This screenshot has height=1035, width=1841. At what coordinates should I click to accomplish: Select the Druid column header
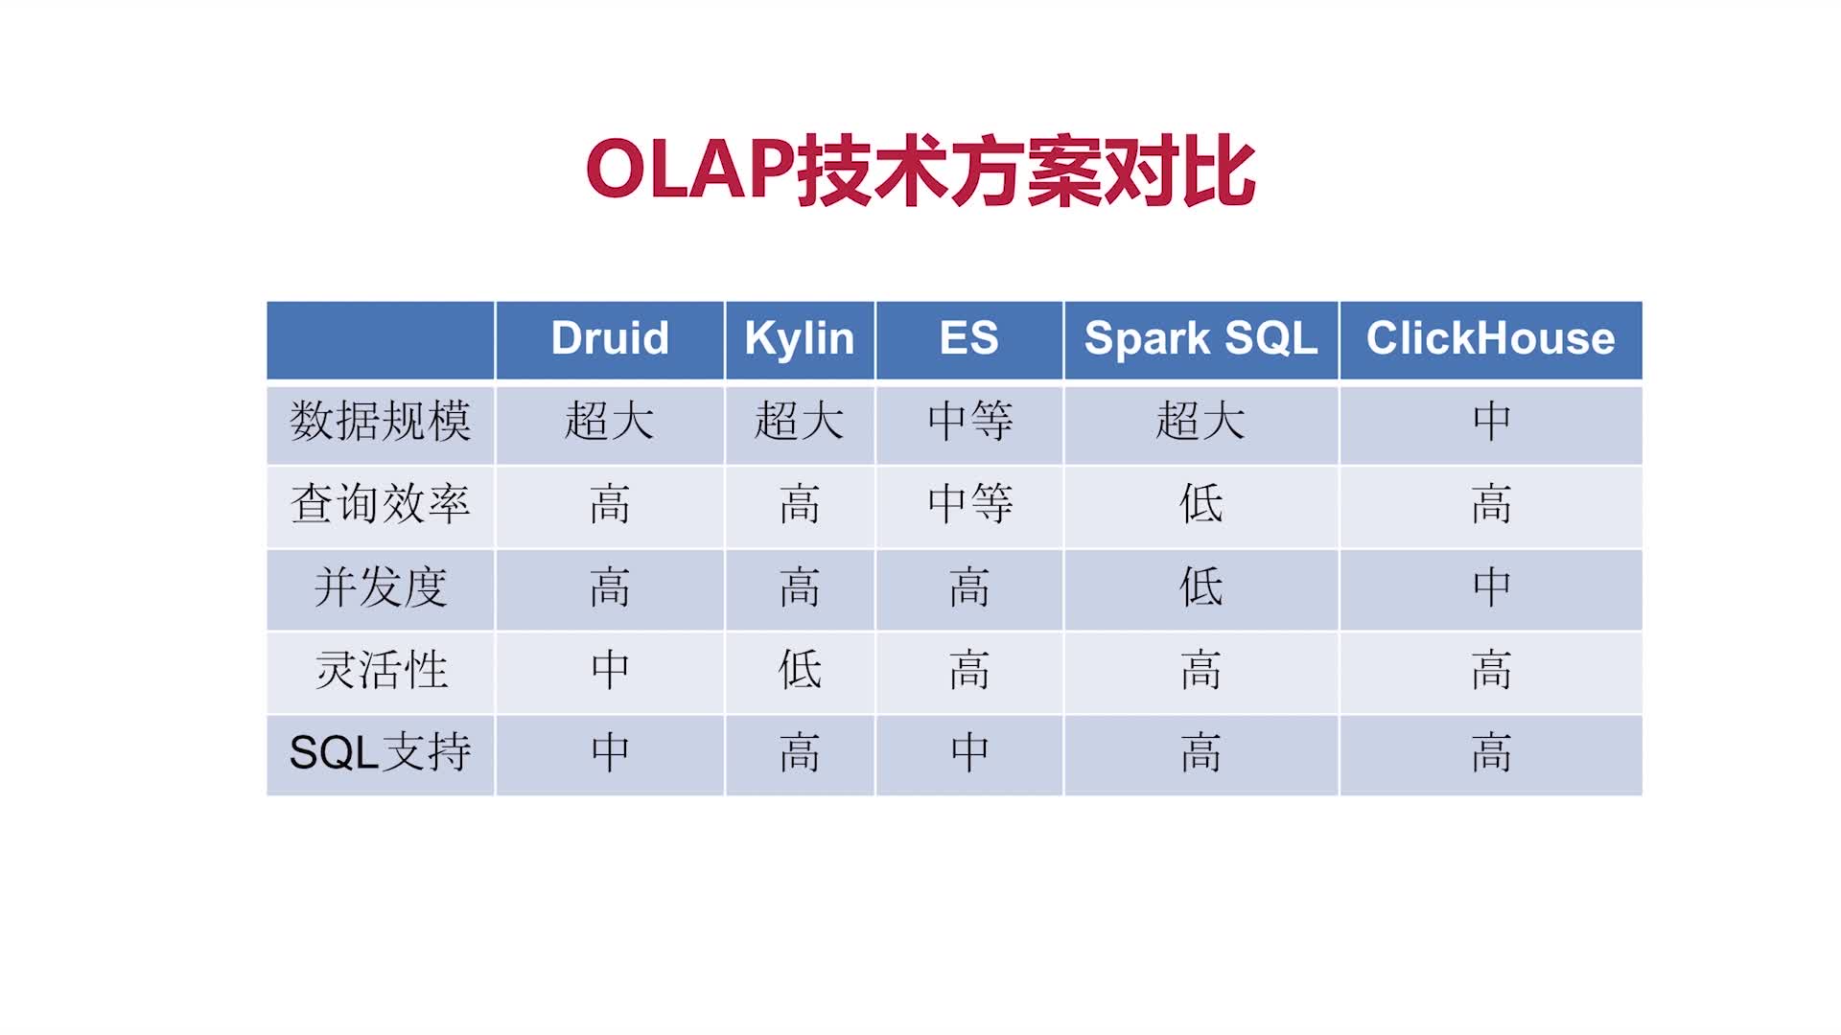click(x=610, y=338)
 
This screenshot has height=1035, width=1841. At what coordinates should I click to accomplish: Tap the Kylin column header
click(x=800, y=339)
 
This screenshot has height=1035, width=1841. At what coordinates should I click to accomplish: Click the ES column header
click(x=969, y=338)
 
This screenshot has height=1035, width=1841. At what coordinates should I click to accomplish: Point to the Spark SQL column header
click(x=1200, y=339)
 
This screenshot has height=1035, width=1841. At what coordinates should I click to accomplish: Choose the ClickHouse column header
click(x=1491, y=338)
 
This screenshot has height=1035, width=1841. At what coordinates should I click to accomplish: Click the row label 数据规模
click(x=381, y=421)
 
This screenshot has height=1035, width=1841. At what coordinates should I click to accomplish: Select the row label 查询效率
click(x=381, y=503)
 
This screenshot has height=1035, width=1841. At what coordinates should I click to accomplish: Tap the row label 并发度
click(x=381, y=586)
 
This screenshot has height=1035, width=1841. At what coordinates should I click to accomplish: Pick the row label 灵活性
click(x=381, y=669)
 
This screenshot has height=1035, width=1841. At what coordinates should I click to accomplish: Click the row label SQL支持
click(x=381, y=752)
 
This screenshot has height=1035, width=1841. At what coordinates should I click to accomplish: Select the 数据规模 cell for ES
click(x=969, y=421)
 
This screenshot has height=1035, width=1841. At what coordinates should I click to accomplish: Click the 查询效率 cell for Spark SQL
click(x=1200, y=503)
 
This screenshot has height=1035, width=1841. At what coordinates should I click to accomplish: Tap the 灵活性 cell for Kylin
click(x=800, y=669)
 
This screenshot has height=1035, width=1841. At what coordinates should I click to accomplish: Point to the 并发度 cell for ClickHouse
click(x=1491, y=586)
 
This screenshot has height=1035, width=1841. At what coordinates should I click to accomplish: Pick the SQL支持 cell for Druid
click(x=610, y=752)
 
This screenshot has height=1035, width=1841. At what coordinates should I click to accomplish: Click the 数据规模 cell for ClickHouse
click(x=1491, y=421)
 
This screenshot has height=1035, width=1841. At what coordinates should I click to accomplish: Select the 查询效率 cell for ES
click(x=969, y=503)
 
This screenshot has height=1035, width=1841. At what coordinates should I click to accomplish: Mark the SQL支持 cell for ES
click(x=969, y=752)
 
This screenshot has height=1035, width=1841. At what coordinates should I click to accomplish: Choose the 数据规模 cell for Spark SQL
click(x=1200, y=421)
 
